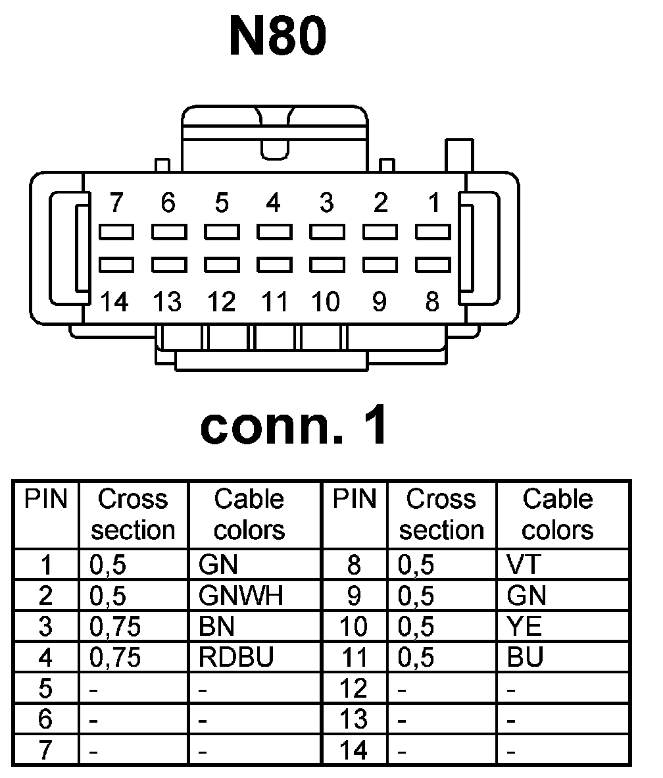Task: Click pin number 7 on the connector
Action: tap(116, 203)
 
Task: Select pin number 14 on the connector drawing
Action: tap(114, 302)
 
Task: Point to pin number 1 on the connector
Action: tap(433, 203)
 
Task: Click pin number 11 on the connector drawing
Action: tap(274, 302)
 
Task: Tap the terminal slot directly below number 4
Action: tap(274, 232)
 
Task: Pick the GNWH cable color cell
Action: tap(241, 596)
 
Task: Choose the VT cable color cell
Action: tap(523, 565)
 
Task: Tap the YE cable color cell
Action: tap(524, 627)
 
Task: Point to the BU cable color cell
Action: tap(525, 658)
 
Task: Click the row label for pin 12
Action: tap(354, 689)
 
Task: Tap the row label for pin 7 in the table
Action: tap(45, 750)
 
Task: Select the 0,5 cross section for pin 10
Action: tap(416, 627)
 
